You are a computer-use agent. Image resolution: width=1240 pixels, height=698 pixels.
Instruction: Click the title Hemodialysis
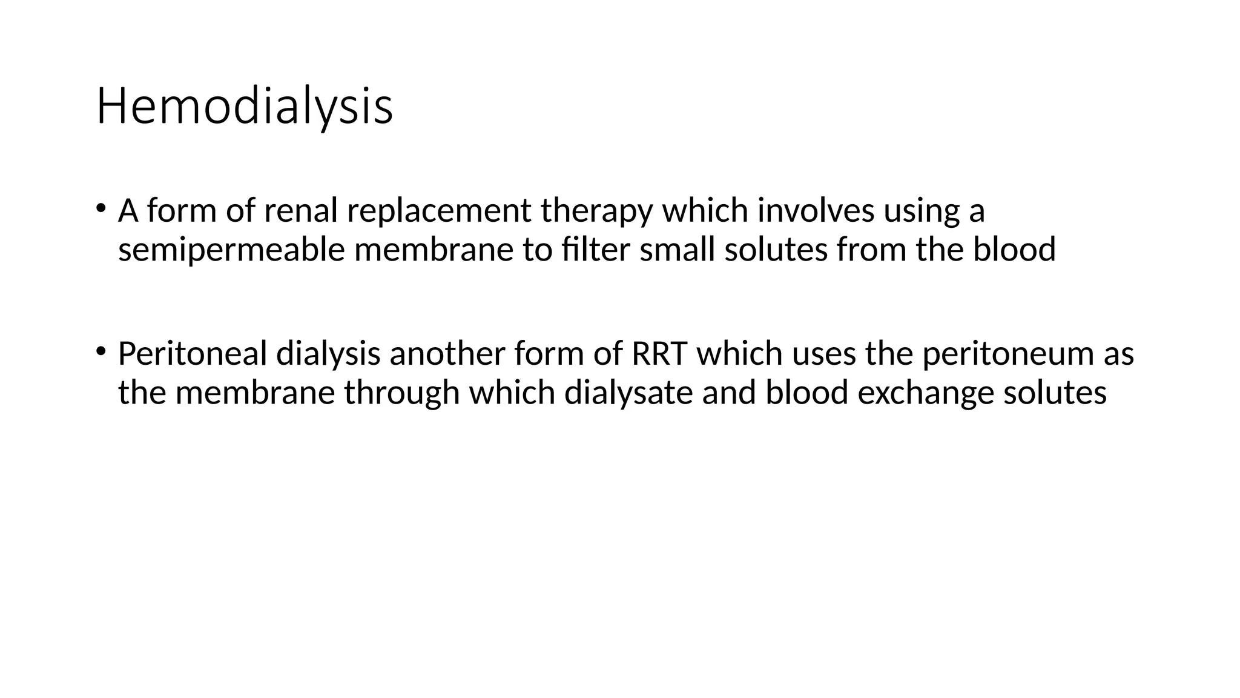245,107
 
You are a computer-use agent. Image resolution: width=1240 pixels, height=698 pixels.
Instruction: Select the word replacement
439,211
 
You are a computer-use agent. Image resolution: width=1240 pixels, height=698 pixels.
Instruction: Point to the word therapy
596,212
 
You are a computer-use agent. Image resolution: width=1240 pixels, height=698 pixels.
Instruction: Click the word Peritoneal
193,354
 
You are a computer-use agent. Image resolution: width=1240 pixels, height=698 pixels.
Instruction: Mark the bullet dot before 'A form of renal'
101,208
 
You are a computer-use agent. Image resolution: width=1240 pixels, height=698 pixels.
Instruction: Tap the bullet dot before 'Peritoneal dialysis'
101,351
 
